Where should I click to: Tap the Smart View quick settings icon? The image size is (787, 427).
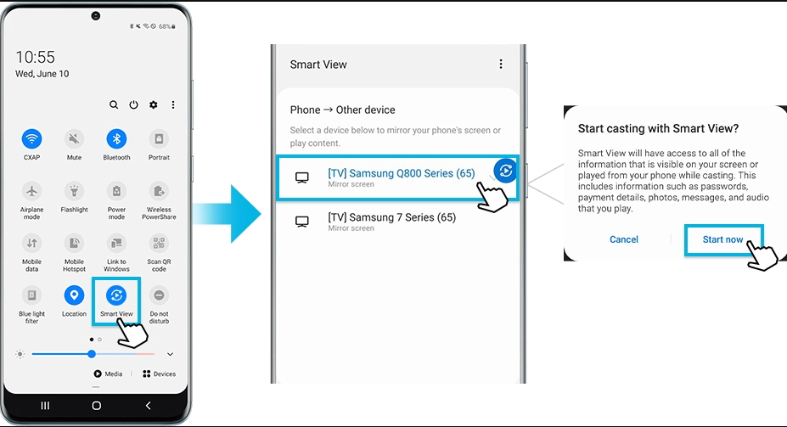(116, 295)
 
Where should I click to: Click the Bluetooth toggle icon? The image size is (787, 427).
(116, 139)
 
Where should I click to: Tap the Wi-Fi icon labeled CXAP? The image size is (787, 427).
(31, 139)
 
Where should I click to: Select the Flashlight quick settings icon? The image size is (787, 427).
(74, 191)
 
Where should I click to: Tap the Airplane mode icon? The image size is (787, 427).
(31, 191)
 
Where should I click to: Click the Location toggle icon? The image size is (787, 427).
(74, 295)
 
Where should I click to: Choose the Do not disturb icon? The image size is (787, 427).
(159, 295)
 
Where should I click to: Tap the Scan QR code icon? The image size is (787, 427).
(159, 244)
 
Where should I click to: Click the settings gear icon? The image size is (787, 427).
(154, 105)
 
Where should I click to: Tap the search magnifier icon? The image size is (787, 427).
(114, 105)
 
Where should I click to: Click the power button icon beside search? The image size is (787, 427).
(133, 105)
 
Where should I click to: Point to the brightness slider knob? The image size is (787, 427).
(92, 354)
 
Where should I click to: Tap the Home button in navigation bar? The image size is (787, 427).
(97, 406)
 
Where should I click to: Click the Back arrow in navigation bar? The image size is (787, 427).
(148, 406)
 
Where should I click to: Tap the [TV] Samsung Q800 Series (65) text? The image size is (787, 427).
(402, 173)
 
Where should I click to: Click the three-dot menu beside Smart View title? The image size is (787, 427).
(500, 64)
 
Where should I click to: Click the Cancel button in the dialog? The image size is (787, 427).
(624, 239)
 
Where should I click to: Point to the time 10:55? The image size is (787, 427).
(35, 57)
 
